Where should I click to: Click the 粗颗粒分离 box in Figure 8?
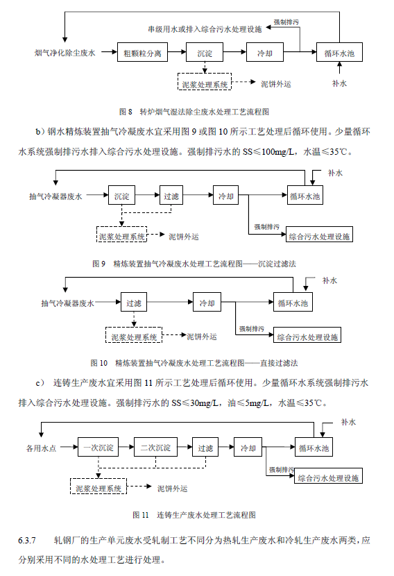[x=142, y=52]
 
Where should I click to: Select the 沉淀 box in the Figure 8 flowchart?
[x=205, y=52]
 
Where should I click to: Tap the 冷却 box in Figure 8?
[x=265, y=52]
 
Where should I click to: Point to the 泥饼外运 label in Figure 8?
[x=275, y=84]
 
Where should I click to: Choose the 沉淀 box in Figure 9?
[x=121, y=196]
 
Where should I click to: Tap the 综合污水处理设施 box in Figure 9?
[x=319, y=237]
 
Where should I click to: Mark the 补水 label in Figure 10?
[x=329, y=280]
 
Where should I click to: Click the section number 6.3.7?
[x=26, y=539]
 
